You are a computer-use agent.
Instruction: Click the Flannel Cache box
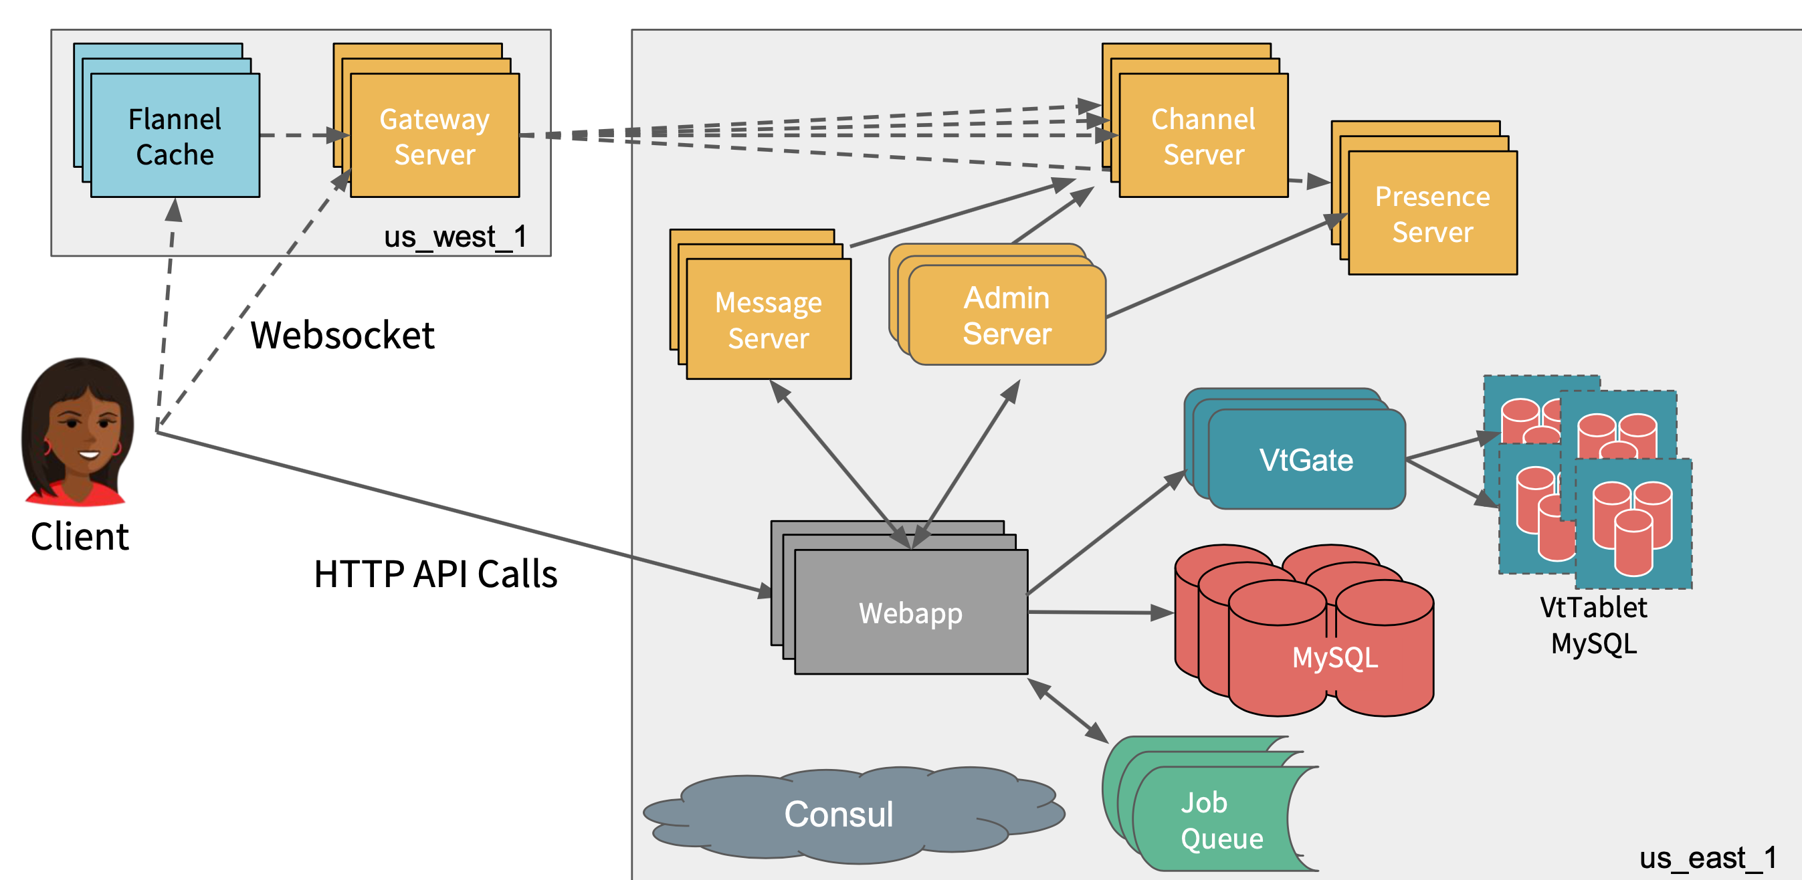click(x=175, y=136)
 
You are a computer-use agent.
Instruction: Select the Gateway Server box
click(x=434, y=136)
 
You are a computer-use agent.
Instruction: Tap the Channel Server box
click(x=1203, y=136)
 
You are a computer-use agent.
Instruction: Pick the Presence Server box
click(x=1432, y=213)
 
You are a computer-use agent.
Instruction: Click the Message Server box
click(x=768, y=320)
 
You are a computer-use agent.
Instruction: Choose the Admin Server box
click(x=1007, y=316)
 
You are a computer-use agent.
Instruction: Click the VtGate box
click(x=1306, y=459)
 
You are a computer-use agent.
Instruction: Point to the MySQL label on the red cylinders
click(x=1334, y=657)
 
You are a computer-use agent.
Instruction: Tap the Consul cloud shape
click(x=839, y=814)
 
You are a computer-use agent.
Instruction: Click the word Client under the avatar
click(x=80, y=537)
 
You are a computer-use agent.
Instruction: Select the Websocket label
click(x=342, y=335)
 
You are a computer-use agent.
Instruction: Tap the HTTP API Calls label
click(x=435, y=574)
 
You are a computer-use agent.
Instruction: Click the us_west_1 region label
click(x=455, y=237)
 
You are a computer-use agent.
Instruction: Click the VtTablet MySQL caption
click(x=1593, y=625)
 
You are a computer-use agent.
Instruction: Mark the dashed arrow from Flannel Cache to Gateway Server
click(x=301, y=135)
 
